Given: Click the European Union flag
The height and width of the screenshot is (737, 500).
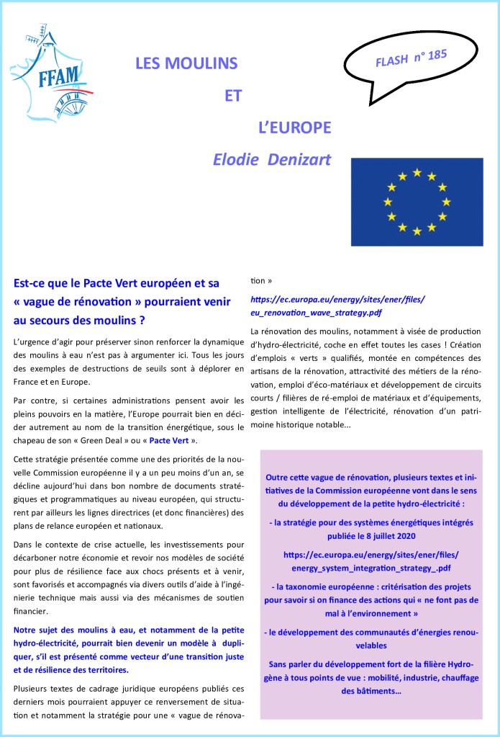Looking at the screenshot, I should (417, 202).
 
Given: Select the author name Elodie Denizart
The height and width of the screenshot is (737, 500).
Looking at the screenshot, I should (272, 159).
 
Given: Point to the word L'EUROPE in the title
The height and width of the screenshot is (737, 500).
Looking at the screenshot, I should (294, 128).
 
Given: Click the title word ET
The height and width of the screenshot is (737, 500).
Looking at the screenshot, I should (233, 96).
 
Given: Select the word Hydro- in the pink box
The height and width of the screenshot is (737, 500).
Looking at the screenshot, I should (453, 664).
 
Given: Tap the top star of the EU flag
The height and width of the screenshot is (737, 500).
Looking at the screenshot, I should (417, 172).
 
